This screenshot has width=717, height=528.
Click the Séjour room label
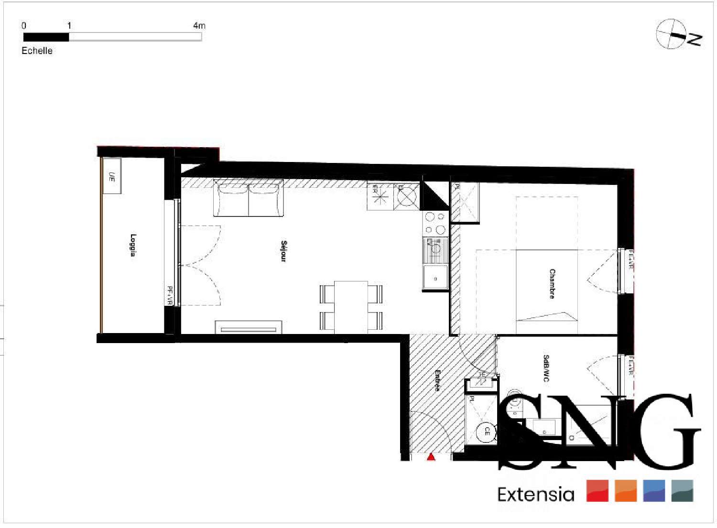coord(283,251)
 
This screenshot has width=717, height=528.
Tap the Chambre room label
coord(552,284)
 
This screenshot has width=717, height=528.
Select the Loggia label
coord(133,245)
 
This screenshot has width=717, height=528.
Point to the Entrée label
coord(437,380)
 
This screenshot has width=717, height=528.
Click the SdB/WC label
coord(546,368)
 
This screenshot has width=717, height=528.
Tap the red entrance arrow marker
coord(431,457)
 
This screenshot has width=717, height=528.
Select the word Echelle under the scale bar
coord(37,51)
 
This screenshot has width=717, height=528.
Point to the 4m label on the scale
coord(199,26)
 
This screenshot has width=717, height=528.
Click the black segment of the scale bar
coord(46,37)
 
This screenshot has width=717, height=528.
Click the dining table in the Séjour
coord(351,307)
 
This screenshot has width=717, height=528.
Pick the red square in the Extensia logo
coord(597,491)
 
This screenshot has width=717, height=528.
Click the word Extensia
coord(535,494)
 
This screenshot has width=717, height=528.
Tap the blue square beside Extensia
coord(654,491)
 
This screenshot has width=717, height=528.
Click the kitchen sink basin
coord(435,278)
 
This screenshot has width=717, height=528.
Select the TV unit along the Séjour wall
coord(248,328)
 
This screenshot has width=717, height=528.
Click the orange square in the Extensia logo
coord(626,491)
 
